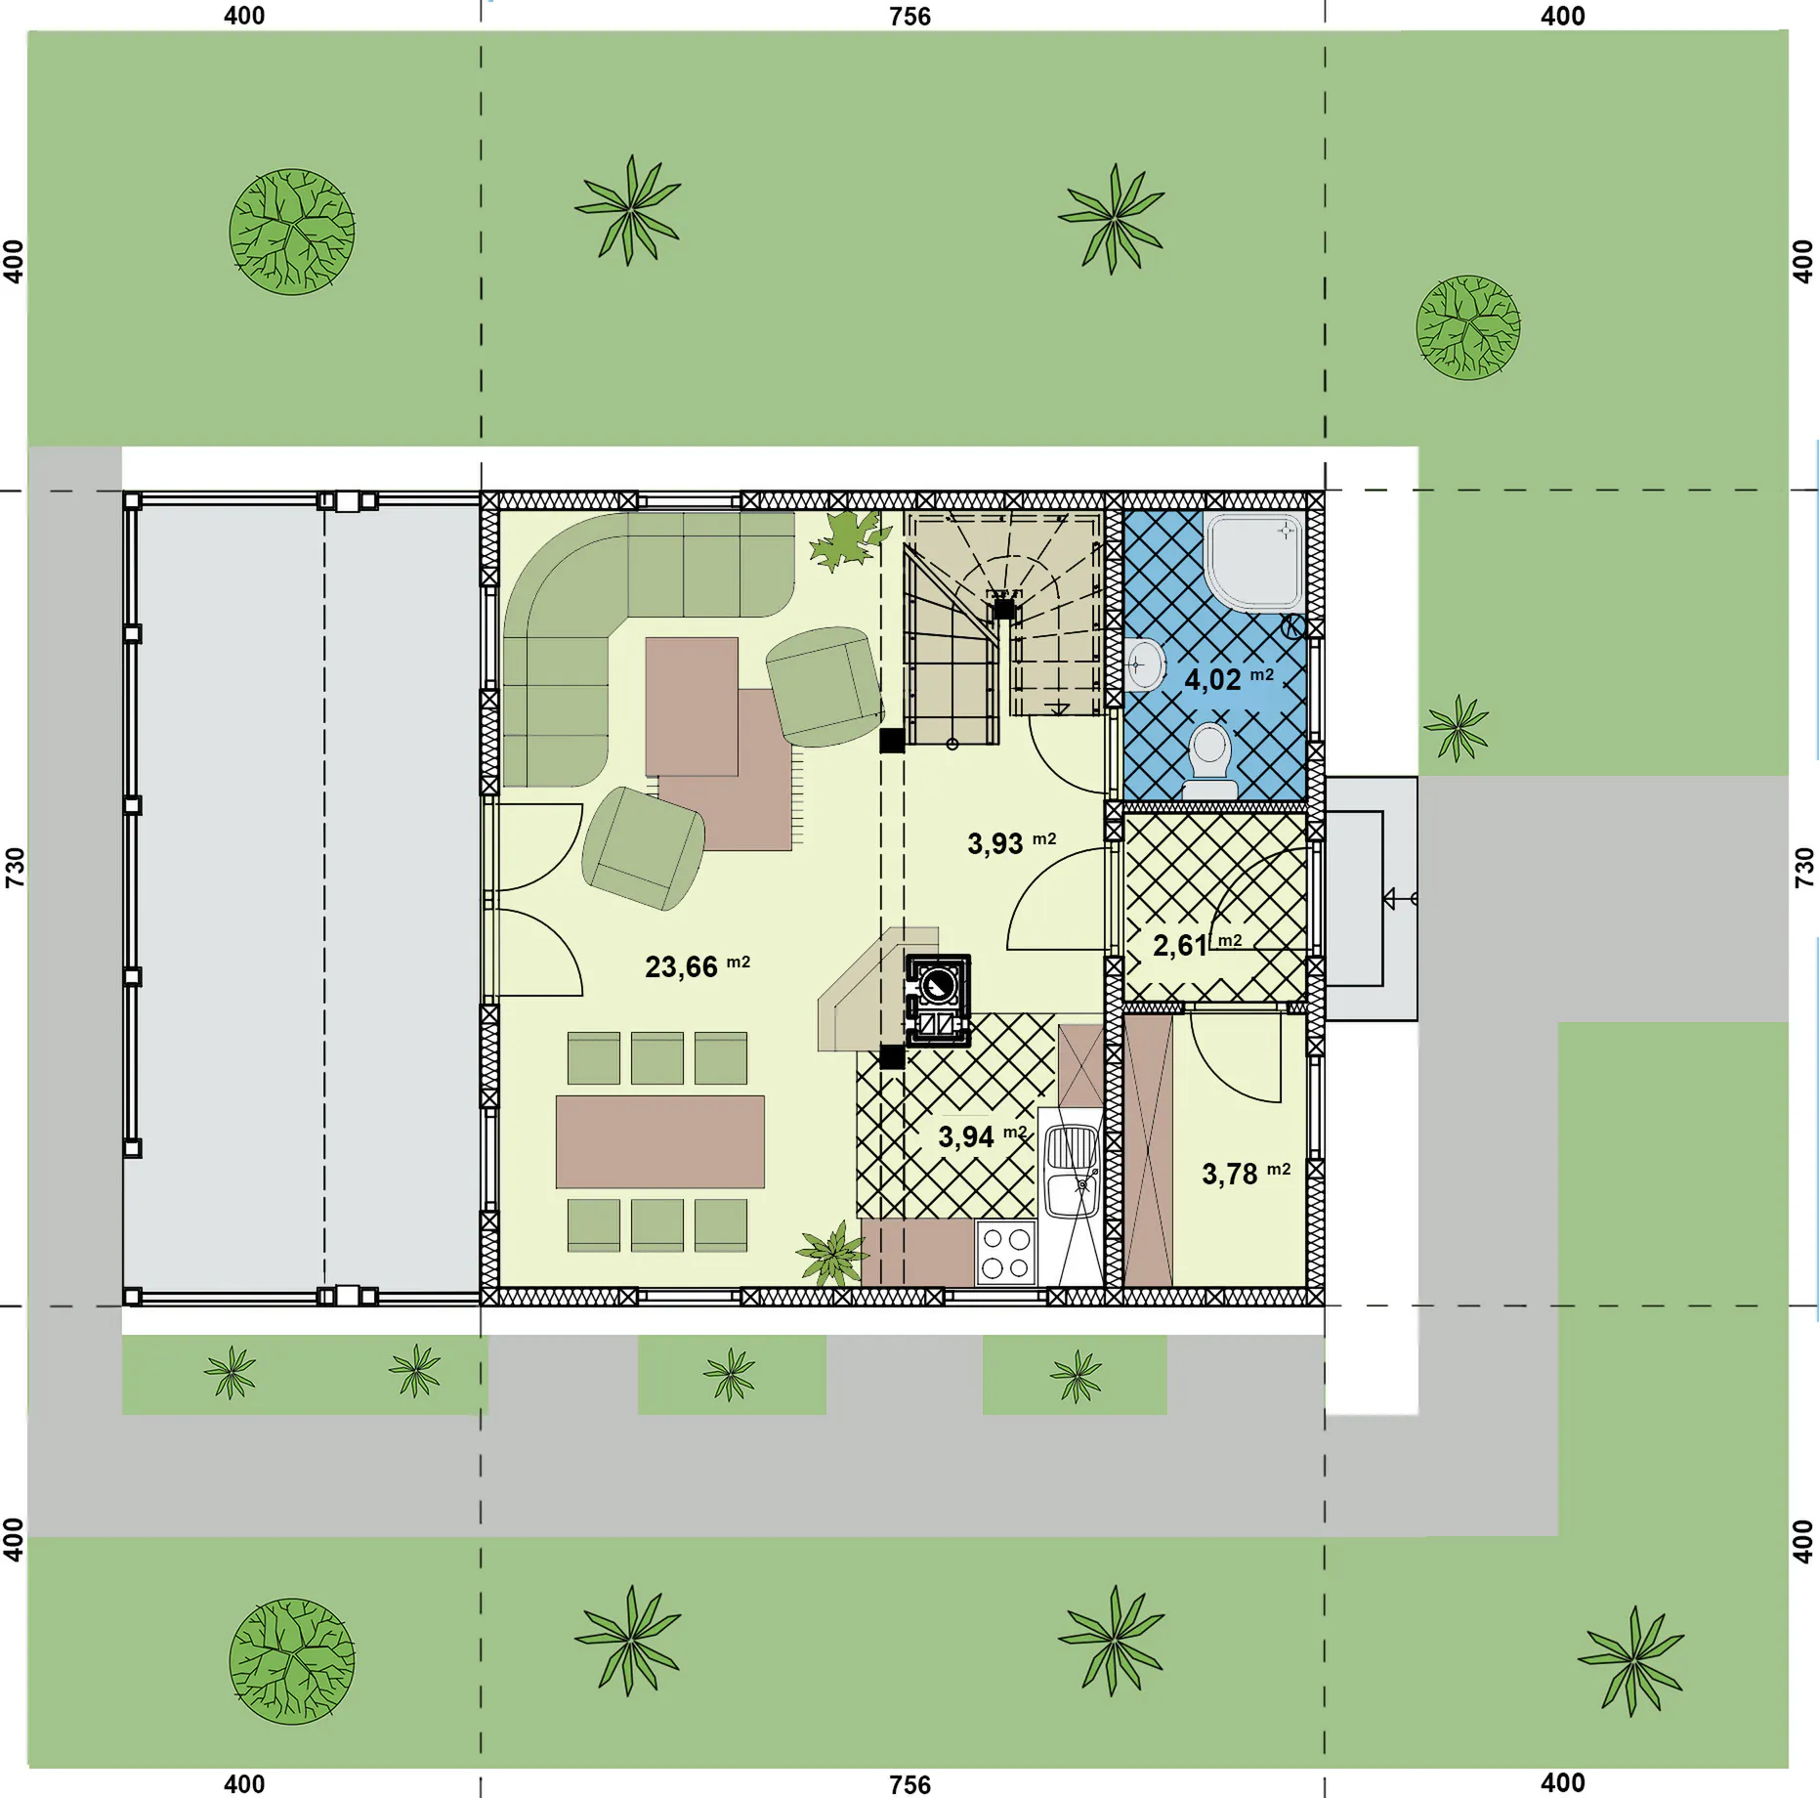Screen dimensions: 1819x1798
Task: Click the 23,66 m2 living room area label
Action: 697,966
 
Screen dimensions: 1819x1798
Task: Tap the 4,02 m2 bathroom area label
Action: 1228,678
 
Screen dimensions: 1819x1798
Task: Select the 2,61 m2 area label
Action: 1197,944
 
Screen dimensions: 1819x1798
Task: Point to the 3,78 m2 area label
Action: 1246,1173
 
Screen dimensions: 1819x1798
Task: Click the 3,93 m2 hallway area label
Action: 1011,842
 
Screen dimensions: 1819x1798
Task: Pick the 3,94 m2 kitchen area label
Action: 982,1135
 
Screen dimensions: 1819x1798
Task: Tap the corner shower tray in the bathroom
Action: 1254,562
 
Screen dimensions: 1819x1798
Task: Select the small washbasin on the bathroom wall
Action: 1143,664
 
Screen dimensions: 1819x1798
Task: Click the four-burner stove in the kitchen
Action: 1006,1253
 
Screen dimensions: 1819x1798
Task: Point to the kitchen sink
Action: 1072,1171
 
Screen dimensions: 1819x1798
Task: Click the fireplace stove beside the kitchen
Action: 938,1001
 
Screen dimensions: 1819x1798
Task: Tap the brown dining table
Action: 659,1141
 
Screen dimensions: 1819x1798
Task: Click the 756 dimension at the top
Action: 909,16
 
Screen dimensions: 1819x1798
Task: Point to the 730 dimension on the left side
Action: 14,867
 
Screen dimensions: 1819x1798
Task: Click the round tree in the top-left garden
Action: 292,232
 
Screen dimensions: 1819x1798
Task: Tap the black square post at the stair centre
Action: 1003,609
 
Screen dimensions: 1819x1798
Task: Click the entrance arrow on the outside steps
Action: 1399,898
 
